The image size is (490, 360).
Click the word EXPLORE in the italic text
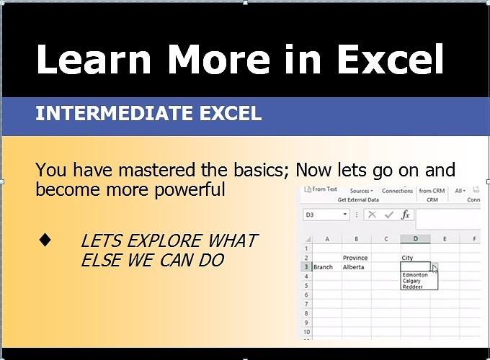(163, 240)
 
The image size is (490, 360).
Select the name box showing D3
(321, 215)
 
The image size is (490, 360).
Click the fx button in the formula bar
(406, 215)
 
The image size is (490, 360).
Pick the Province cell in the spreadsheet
(355, 258)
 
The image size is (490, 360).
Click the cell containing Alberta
(353, 267)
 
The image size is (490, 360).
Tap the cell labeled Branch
(323, 267)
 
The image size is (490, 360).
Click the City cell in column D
(407, 258)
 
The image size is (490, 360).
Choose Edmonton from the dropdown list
(415, 274)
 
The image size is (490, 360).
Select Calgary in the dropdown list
(412, 280)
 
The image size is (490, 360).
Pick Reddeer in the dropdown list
(413, 286)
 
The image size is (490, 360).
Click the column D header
(415, 239)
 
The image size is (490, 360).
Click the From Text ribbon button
(321, 190)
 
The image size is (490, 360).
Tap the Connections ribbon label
(397, 191)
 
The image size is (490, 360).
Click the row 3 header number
(306, 267)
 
